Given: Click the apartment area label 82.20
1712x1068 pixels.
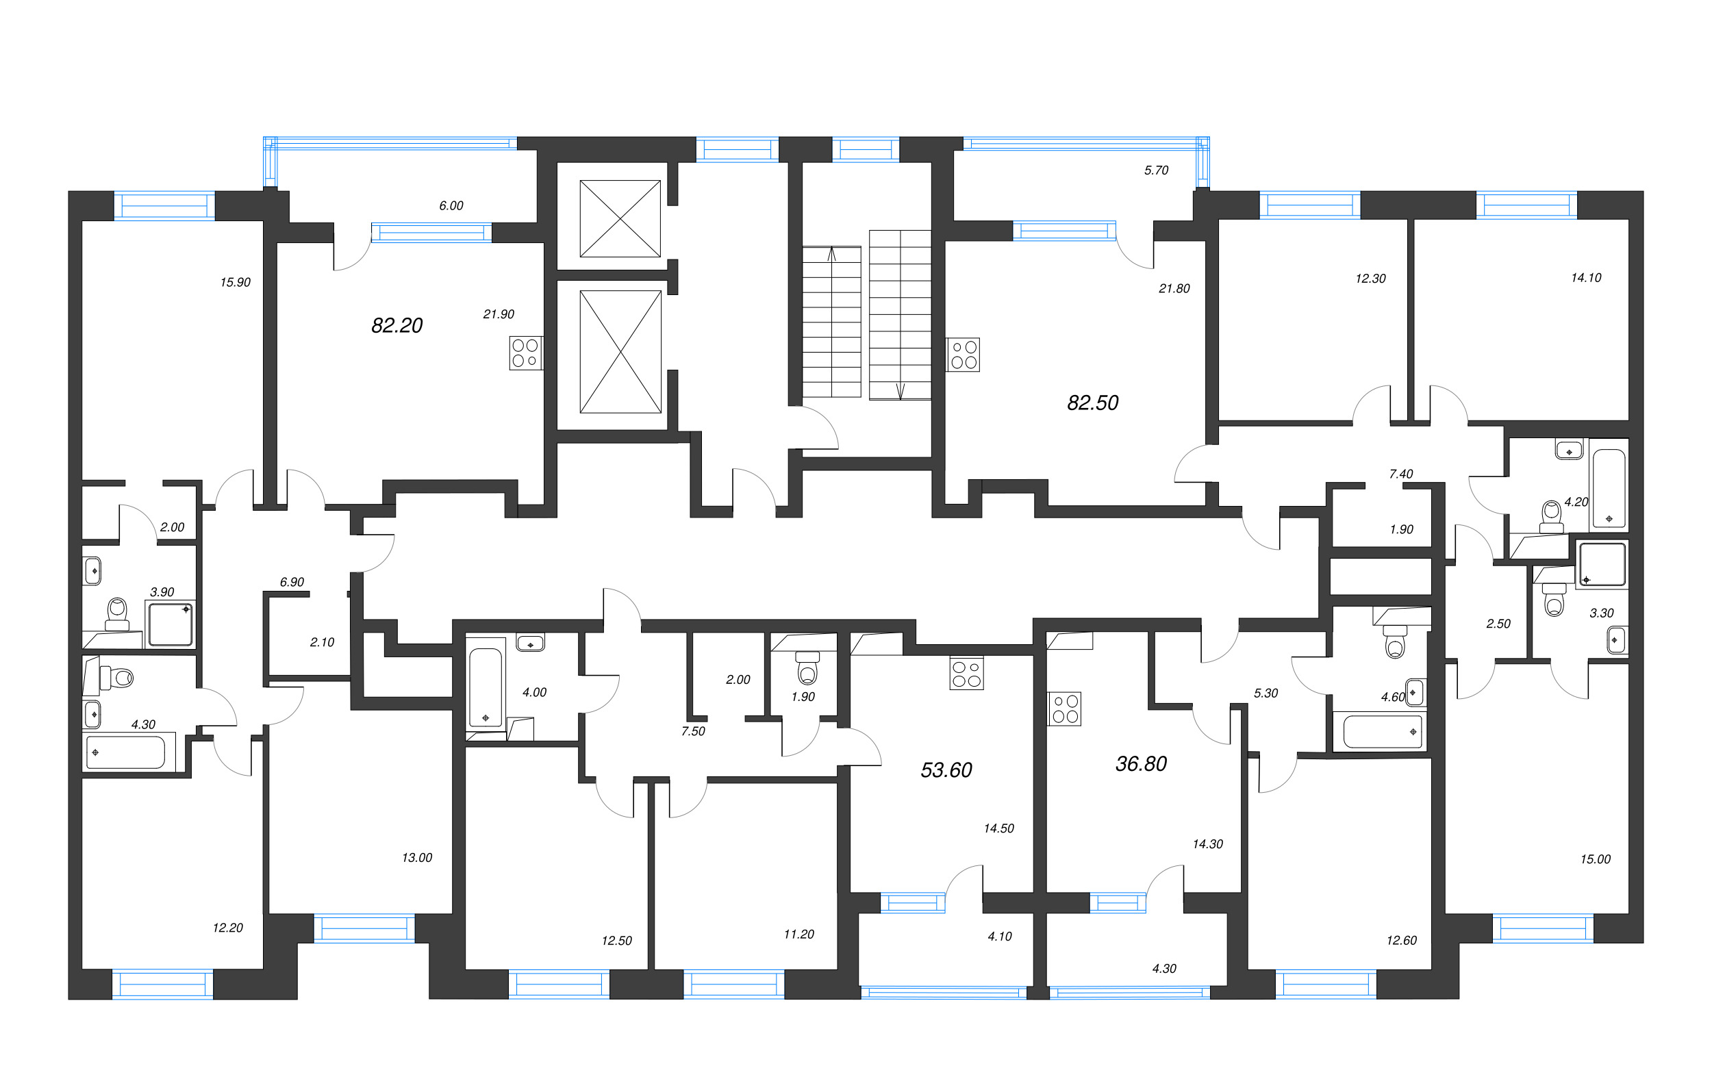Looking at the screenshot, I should click(x=396, y=326).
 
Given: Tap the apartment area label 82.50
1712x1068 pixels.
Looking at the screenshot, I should click(x=1092, y=403).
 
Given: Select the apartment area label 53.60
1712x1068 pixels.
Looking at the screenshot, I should click(x=946, y=770).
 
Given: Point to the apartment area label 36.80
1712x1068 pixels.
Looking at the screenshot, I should click(x=1140, y=763).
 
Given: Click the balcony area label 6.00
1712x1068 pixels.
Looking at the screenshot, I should click(x=451, y=205).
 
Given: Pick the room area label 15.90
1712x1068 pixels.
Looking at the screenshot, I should click(x=236, y=283).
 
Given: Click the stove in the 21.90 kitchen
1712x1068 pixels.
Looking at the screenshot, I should click(x=525, y=353).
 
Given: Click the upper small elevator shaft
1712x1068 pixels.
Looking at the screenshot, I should click(x=620, y=218).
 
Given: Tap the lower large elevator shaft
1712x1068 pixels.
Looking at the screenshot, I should click(x=620, y=352).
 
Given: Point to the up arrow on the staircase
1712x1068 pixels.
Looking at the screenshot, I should click(x=831, y=254).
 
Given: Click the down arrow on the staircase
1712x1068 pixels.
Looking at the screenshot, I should click(x=900, y=391).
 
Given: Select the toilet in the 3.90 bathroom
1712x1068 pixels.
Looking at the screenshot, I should click(x=116, y=614).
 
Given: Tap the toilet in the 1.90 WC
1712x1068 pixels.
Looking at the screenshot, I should click(x=807, y=667).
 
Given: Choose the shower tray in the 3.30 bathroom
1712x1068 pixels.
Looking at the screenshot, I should click(x=1602, y=564).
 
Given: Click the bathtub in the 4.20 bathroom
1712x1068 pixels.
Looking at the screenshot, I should click(x=1608, y=489).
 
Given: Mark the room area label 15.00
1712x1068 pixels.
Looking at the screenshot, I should click(x=1595, y=860).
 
